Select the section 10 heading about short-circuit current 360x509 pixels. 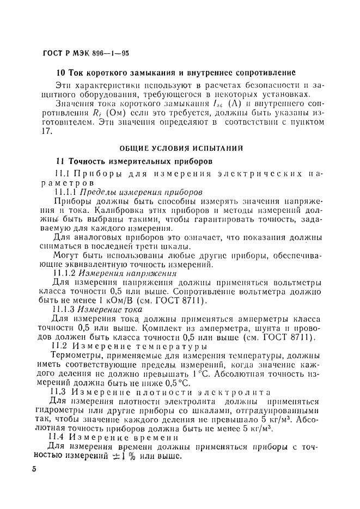pos(176,72)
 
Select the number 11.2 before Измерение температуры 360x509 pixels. pos(59,346)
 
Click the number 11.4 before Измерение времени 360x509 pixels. pos(59,437)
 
